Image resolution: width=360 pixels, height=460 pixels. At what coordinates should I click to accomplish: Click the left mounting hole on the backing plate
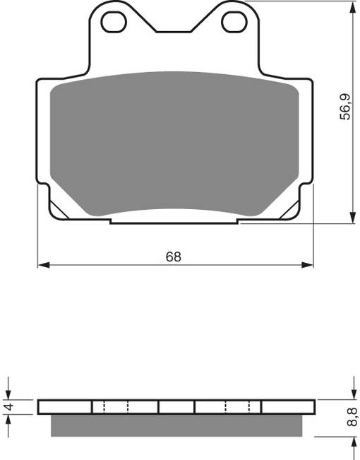pyautogui.click(x=114, y=22)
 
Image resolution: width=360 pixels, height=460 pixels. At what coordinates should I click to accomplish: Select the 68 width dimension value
pyautogui.click(x=174, y=256)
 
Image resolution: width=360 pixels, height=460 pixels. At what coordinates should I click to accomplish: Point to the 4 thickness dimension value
pyautogui.click(x=9, y=407)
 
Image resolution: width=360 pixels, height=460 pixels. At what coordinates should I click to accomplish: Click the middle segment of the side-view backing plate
pyautogui.click(x=176, y=407)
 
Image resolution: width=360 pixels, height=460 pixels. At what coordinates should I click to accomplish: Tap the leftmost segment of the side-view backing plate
pyautogui.click(x=65, y=407)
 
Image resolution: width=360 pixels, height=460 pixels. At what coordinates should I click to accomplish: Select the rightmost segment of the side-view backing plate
pyautogui.click(x=287, y=407)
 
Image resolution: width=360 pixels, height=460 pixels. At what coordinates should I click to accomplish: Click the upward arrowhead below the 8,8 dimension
pyautogui.click(x=352, y=442)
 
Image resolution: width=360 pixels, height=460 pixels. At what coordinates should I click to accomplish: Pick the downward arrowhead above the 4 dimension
pyautogui.click(x=9, y=394)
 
